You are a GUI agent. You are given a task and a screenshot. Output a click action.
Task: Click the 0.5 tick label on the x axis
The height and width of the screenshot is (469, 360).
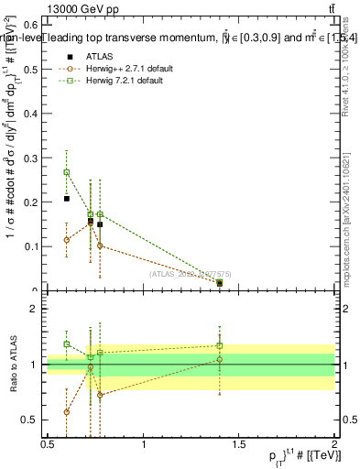pyautogui.click(x=48, y=444)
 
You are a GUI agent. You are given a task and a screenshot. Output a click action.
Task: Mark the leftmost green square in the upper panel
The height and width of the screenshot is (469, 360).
pyautogui.click(x=67, y=172)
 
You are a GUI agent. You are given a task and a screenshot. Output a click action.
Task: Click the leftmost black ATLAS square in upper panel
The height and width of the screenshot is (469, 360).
pyautogui.click(x=67, y=199)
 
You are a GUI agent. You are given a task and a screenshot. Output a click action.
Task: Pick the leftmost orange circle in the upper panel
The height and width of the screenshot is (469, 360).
pyautogui.click(x=67, y=240)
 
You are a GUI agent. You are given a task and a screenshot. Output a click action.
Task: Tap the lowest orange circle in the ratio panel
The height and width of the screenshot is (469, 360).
pyautogui.click(x=67, y=412)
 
